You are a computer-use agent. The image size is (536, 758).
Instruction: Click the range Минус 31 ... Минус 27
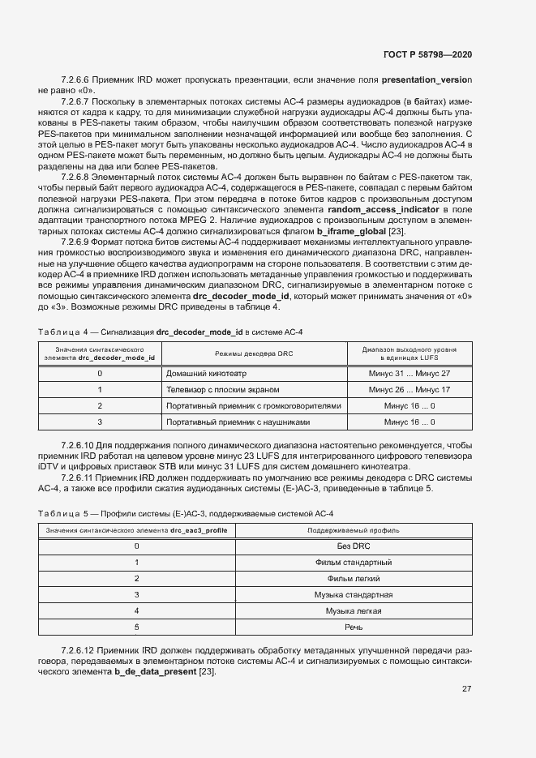tap(409, 374)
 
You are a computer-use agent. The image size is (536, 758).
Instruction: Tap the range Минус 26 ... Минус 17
tap(409, 390)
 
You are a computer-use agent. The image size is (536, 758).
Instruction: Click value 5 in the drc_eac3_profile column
tap(136, 627)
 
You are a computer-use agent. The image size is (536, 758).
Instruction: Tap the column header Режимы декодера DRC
tap(254, 354)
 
